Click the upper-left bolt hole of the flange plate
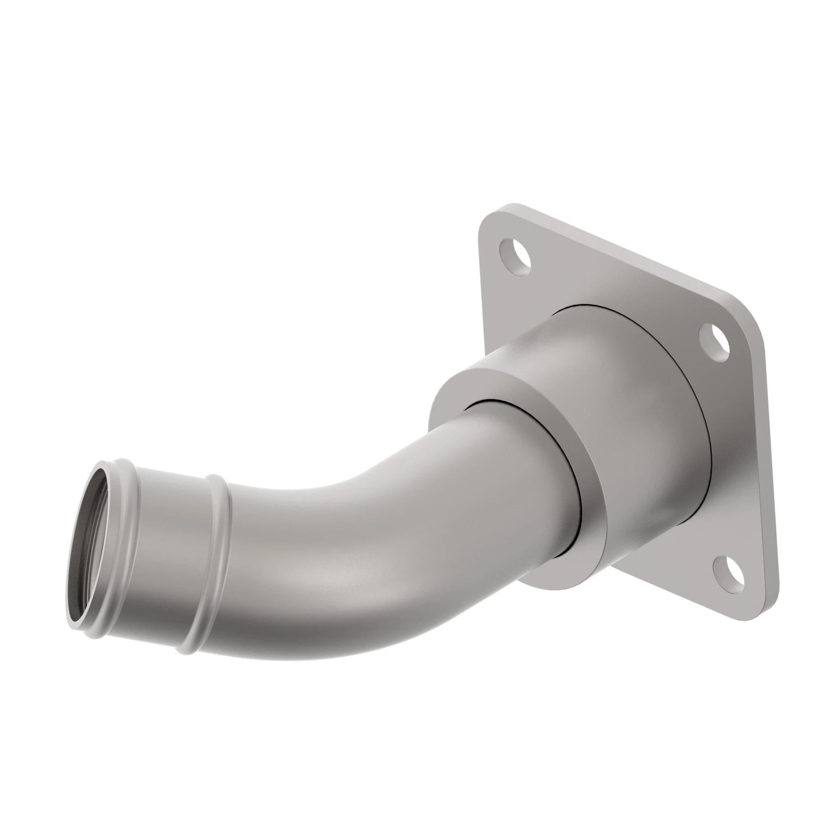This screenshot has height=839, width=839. (516, 257)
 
